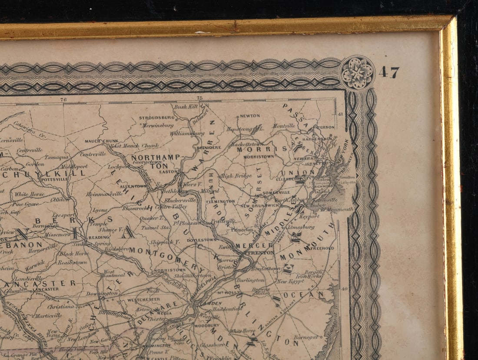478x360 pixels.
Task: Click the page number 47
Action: tap(389, 73)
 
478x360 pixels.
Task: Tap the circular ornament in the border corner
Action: tap(357, 73)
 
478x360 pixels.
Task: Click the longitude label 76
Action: tap(64, 99)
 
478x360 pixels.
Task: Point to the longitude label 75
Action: tap(199, 98)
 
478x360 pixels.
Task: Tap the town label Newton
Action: tap(250, 116)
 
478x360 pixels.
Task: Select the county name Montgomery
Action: tap(164, 257)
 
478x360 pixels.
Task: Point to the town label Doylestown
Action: tap(202, 239)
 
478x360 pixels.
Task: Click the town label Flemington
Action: tap(221, 201)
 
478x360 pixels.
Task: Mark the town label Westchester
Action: tap(143, 300)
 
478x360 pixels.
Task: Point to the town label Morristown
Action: tap(259, 156)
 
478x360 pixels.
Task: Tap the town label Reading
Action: tap(99, 238)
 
